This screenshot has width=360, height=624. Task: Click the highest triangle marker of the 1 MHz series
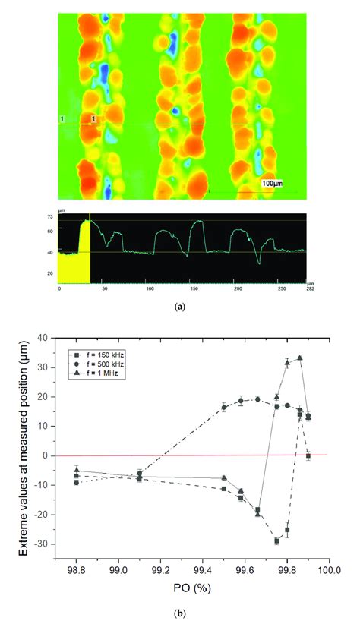(x=300, y=358)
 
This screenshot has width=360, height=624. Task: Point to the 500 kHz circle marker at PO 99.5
(x=224, y=407)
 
